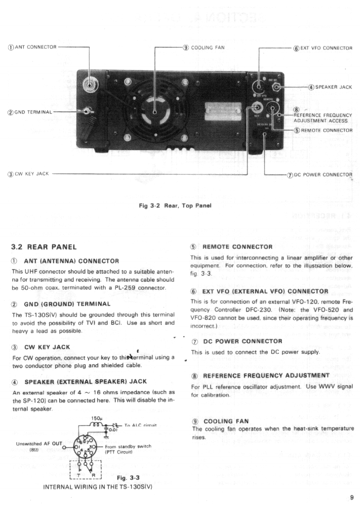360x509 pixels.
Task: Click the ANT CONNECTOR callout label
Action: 34,47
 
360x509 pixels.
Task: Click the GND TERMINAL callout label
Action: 30,112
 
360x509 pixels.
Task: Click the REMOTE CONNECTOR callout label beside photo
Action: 323,130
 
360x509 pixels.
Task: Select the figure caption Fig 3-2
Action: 175,205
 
